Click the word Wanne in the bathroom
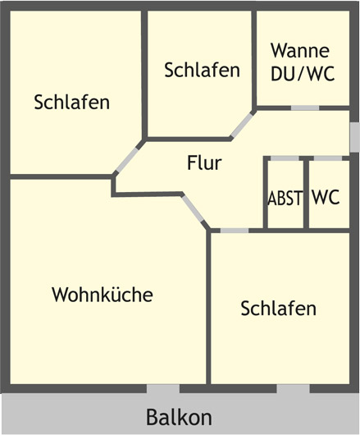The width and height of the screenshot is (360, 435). click(300, 51)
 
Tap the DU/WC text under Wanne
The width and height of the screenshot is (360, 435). click(303, 74)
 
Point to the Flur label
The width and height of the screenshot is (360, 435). click(204, 163)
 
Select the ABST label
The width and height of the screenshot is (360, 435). click(285, 198)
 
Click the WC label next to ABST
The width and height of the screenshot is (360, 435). click(326, 197)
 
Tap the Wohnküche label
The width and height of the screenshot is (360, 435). click(103, 294)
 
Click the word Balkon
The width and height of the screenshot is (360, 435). click(179, 417)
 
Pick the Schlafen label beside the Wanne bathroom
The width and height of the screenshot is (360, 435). click(202, 70)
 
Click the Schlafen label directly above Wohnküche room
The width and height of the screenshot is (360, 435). click(72, 102)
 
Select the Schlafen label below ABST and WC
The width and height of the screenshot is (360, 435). click(279, 308)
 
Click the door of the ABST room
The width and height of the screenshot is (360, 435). click(285, 158)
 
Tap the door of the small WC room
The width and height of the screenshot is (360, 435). click(328, 158)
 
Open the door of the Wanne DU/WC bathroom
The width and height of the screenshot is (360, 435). click(305, 108)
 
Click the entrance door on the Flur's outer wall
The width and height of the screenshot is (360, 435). click(355, 137)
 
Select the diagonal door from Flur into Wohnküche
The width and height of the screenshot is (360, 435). click(193, 208)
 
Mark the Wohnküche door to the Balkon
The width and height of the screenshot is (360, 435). click(163, 389)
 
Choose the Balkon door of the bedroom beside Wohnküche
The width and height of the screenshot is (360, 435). click(293, 389)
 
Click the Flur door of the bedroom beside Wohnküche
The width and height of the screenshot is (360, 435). click(235, 231)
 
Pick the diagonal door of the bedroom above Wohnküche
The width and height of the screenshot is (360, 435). click(127, 160)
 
